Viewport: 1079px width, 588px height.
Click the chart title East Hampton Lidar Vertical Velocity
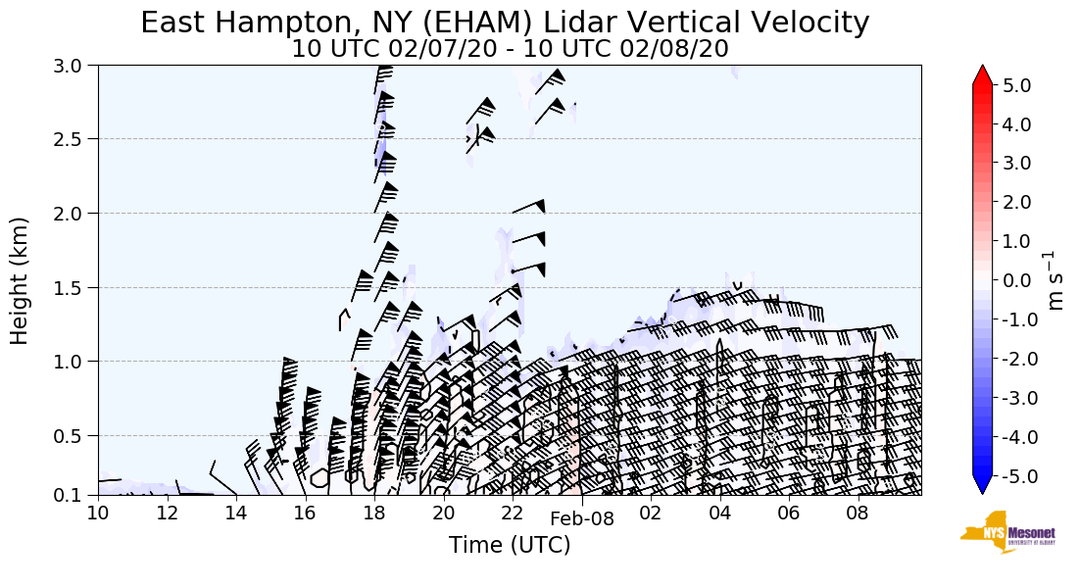tap(505, 23)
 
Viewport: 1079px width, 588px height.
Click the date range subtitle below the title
tap(510, 49)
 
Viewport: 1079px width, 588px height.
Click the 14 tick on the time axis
tap(236, 514)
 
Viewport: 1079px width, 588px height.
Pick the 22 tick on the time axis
tap(513, 514)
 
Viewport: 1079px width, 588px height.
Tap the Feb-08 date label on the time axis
tap(582, 519)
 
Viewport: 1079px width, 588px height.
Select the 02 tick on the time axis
tap(651, 514)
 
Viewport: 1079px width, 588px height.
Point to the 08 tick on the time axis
tap(858, 514)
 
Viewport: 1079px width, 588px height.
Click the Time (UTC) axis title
tap(510, 545)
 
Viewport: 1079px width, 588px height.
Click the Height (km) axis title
tap(20, 280)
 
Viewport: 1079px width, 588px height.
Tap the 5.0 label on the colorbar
tap(1016, 85)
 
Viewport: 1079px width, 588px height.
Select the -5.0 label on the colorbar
tap(1012, 476)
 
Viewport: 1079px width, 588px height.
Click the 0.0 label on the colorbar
tap(1016, 280)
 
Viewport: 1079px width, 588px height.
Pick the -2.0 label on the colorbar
tap(1012, 359)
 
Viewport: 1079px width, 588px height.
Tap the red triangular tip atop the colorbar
tap(982, 75)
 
